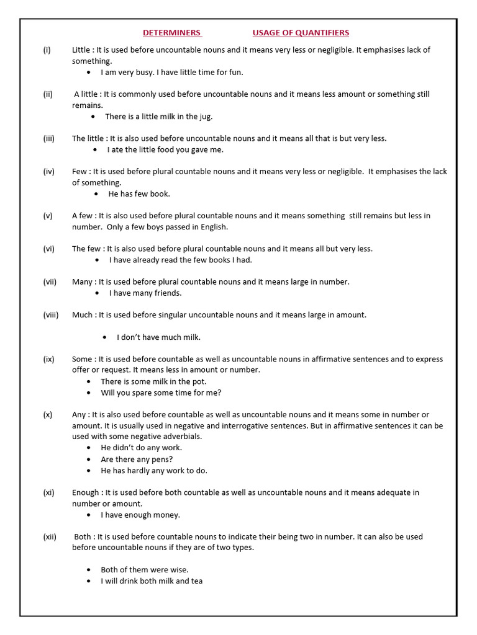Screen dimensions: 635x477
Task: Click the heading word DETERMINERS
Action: (x=172, y=33)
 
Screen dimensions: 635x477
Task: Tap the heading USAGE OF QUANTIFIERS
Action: (x=301, y=33)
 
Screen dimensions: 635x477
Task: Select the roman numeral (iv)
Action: (x=49, y=172)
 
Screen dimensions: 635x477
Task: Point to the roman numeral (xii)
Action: (x=50, y=537)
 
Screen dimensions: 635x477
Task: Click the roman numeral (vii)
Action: (x=50, y=282)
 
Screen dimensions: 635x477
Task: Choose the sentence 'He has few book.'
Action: (x=139, y=194)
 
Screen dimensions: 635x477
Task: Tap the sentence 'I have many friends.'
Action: (x=145, y=293)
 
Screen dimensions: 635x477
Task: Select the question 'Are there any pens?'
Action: (x=137, y=460)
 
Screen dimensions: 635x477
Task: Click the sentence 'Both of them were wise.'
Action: (x=145, y=570)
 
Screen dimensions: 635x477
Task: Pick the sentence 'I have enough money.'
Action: (x=140, y=515)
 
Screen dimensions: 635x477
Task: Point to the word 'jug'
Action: (x=205, y=117)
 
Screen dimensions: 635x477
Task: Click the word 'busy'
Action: (x=143, y=73)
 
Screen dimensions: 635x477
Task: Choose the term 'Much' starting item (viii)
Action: (x=82, y=315)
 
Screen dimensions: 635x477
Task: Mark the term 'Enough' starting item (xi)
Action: (x=85, y=492)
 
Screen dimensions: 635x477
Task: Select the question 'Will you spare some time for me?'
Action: (x=161, y=393)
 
